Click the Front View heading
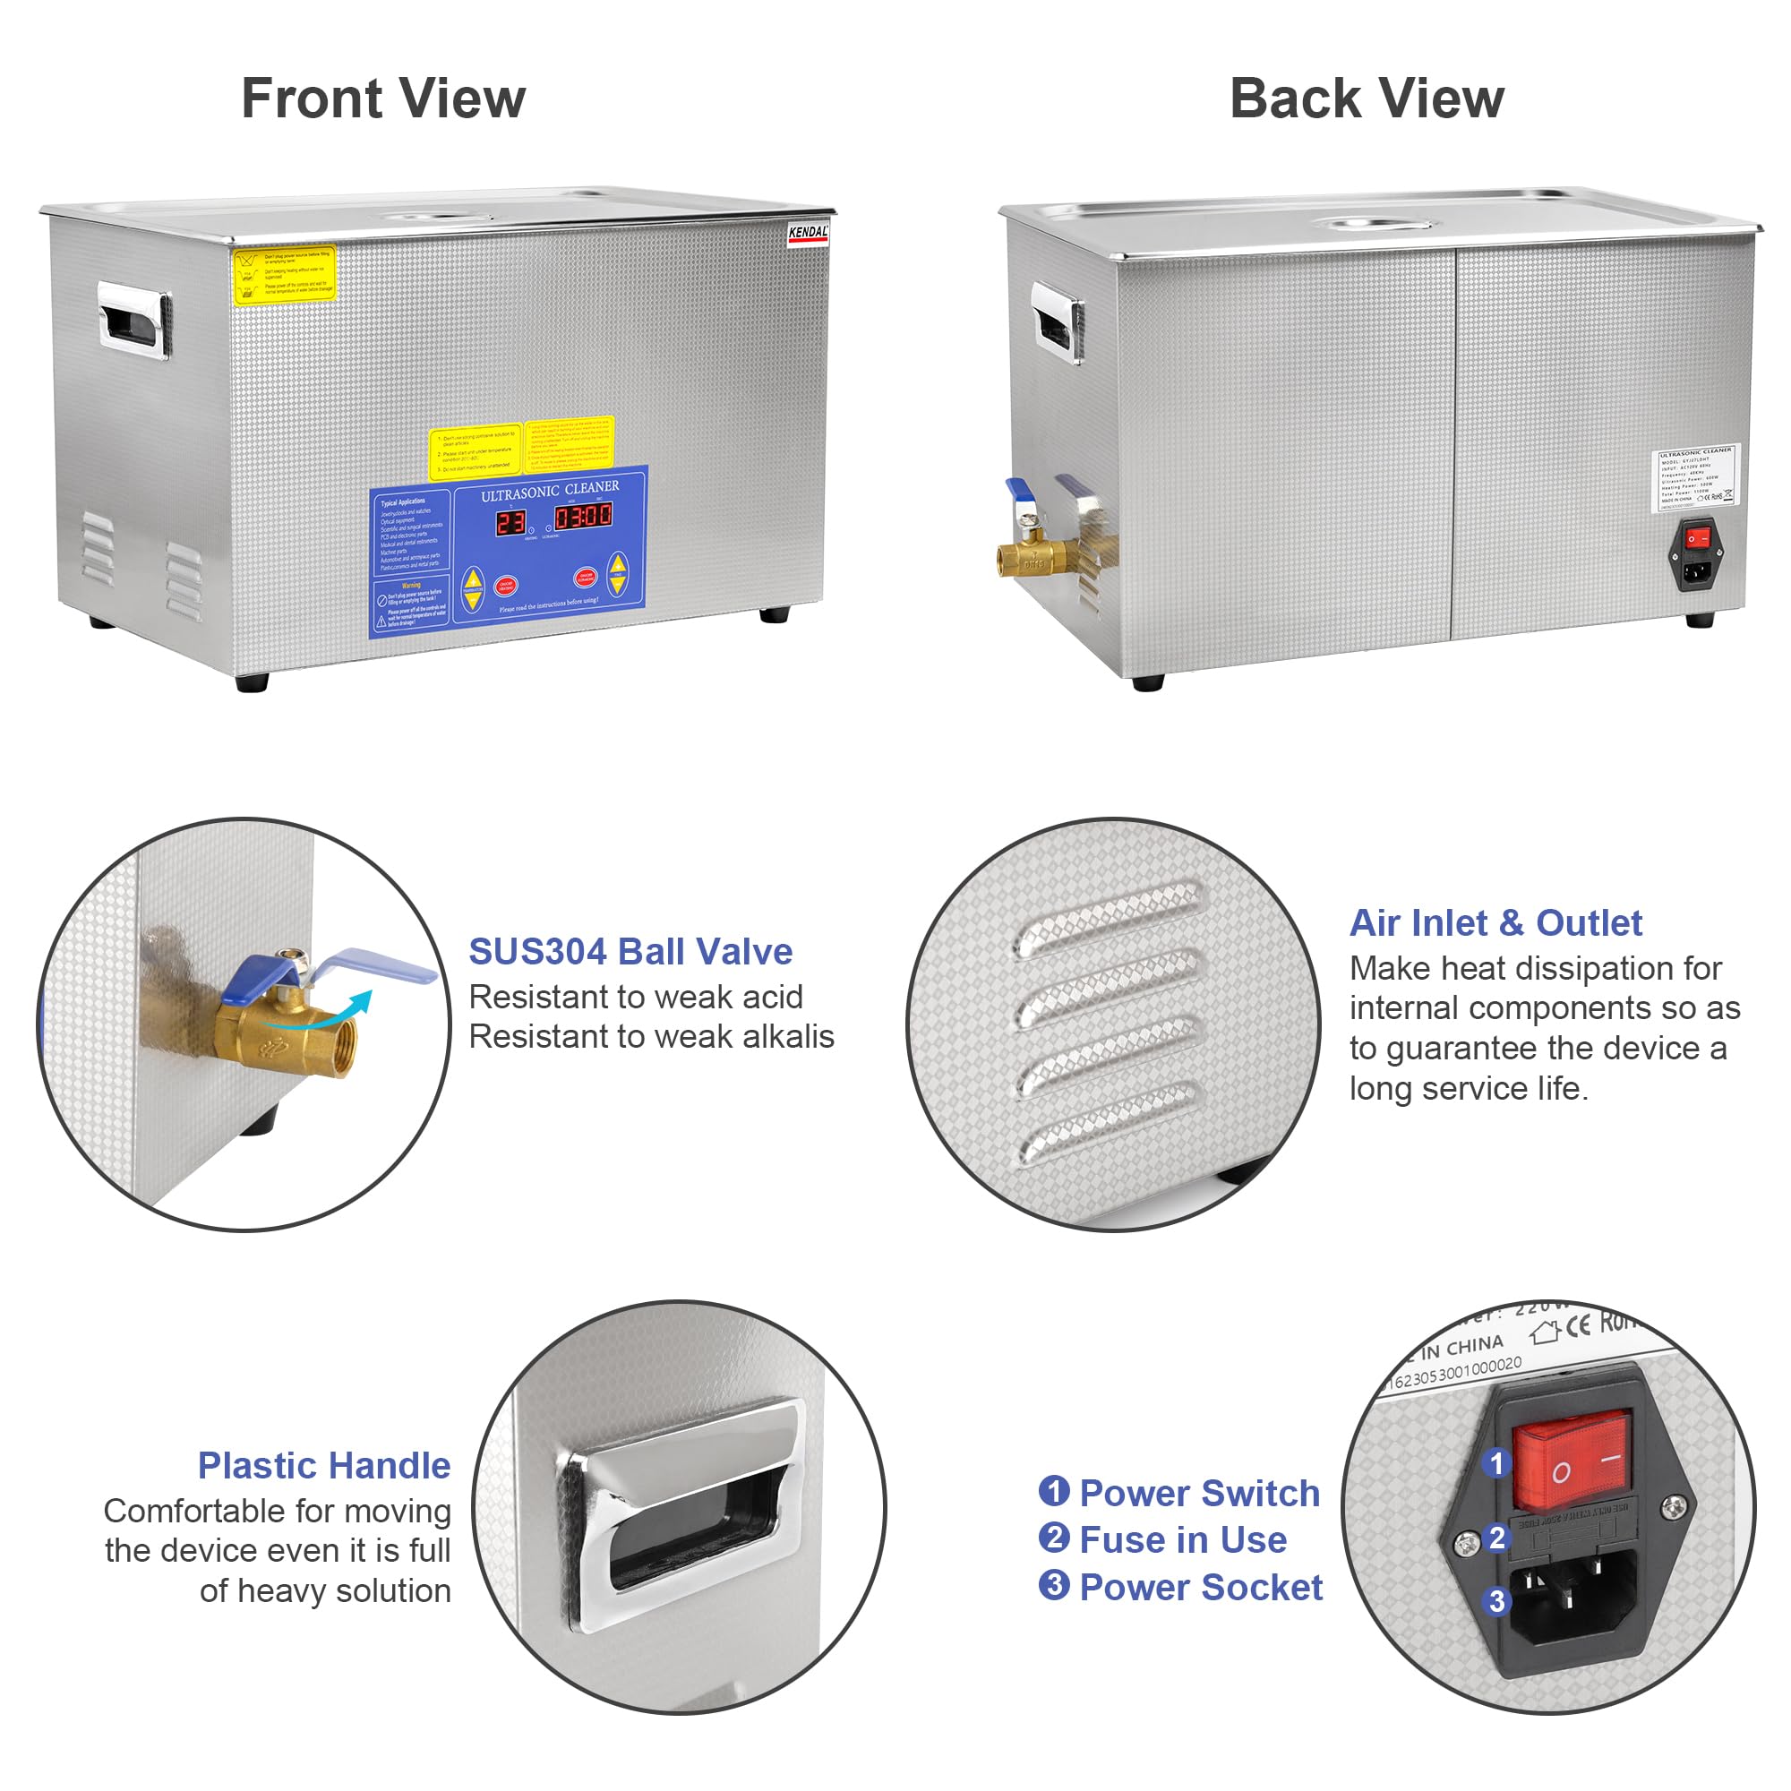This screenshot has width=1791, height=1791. (x=383, y=99)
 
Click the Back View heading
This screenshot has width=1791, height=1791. (x=1367, y=99)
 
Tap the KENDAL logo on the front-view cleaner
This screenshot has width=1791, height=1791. (x=808, y=233)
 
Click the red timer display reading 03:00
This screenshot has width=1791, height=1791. (x=582, y=517)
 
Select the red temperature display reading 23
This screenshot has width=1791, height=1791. (x=510, y=523)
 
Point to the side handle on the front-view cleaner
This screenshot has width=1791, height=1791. (x=134, y=321)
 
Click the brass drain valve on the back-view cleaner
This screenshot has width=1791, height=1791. (x=1032, y=556)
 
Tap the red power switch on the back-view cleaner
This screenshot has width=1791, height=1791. (x=1697, y=538)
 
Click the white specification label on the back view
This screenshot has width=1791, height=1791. (x=1695, y=476)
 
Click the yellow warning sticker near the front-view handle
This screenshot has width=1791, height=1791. (x=284, y=274)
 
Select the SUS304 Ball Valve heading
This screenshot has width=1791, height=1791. (x=630, y=952)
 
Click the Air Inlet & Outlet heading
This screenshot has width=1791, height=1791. (x=1495, y=923)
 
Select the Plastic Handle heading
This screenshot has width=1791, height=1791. (x=323, y=1466)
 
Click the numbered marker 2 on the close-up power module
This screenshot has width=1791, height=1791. (x=1496, y=1538)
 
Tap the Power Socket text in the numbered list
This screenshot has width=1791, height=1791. (x=1201, y=1588)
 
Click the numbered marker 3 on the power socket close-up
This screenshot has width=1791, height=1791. (x=1496, y=1601)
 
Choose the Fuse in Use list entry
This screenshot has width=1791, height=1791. (x=1183, y=1539)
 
